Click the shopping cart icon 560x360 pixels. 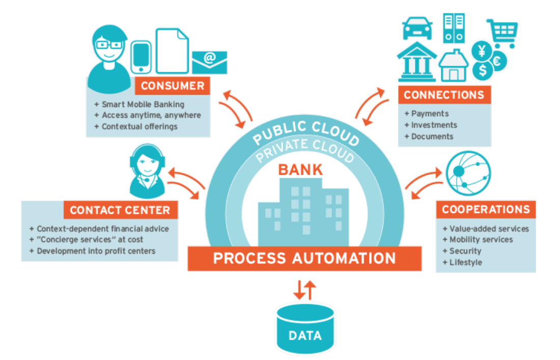pos(502,32)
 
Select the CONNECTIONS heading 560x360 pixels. pos(444,95)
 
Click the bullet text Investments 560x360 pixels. pos(434,125)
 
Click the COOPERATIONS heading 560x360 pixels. pos(486,209)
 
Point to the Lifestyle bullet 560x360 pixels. pos(465,262)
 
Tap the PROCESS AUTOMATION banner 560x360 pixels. pos(304,258)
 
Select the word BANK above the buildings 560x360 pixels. pos(300,169)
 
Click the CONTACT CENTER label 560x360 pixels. pos(120,210)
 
